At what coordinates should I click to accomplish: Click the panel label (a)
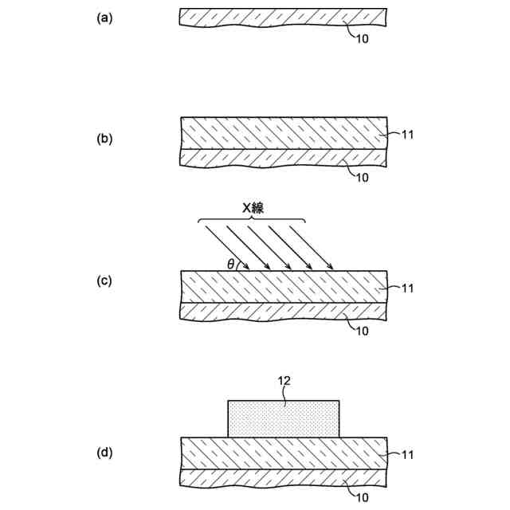pos(104,18)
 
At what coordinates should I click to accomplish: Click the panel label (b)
pos(104,139)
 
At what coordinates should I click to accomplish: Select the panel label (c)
pos(104,281)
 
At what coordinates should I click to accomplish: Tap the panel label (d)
pos(104,452)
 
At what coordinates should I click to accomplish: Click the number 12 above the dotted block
pos(284,381)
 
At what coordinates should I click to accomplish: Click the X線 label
pos(252,207)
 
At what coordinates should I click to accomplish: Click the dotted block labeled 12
pos(284,418)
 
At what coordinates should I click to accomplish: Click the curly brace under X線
pos(252,220)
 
